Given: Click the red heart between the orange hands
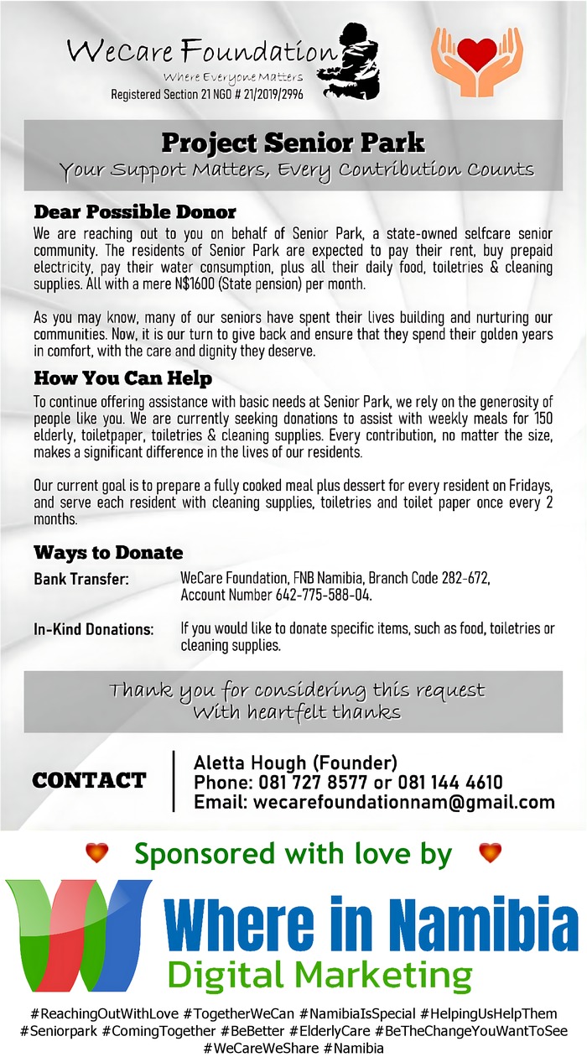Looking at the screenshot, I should [477, 55].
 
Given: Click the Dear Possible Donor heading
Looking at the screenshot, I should [135, 211].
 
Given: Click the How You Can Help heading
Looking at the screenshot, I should [122, 378].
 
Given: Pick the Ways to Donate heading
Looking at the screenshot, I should [108, 553].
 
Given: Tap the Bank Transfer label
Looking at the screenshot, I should [81, 580].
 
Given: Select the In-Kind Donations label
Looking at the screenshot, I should [93, 629].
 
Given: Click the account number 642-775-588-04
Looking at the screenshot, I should [323, 595].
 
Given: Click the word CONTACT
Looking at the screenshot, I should [89, 781].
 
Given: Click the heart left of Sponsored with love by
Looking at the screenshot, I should [97, 853].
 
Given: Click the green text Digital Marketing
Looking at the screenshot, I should [319, 976].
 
